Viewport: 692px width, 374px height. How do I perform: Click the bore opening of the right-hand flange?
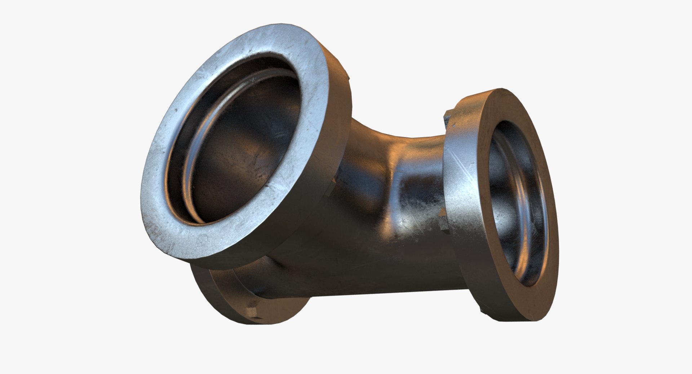click(x=519, y=202)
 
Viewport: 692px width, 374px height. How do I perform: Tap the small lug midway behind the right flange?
click(x=442, y=217)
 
